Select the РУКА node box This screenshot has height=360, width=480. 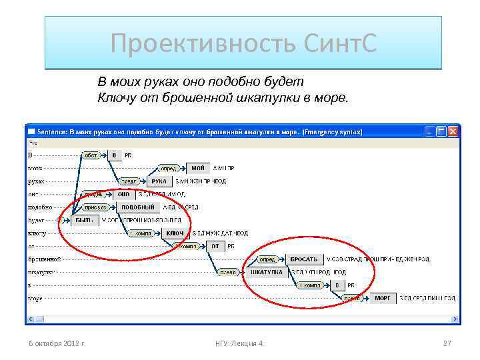(159, 181)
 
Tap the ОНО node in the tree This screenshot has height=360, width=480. (124, 194)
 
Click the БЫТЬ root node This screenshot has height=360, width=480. (84, 220)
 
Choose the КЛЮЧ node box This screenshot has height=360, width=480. (175, 233)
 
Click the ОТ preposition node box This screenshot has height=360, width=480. (215, 246)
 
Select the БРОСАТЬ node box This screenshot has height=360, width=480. (305, 259)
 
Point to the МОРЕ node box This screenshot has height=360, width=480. (383, 298)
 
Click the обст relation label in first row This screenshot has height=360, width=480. (91, 155)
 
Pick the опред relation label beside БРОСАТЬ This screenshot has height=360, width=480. (268, 259)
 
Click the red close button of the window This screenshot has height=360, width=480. (453, 131)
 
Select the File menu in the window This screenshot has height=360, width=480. (31, 142)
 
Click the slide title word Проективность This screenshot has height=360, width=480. (193, 44)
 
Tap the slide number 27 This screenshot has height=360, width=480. (447, 343)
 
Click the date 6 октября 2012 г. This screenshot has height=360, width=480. (61, 343)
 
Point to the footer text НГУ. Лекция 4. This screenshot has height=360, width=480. (239, 343)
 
